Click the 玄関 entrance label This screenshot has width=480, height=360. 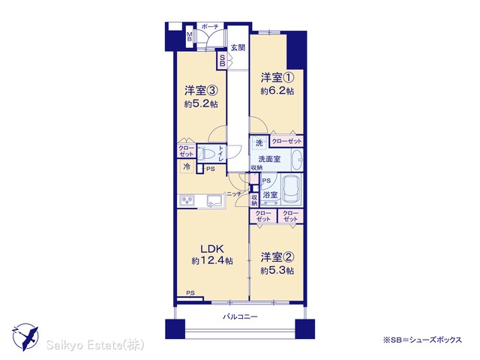click(x=238, y=48)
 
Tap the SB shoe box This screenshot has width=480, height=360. click(x=222, y=60)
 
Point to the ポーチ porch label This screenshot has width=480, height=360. click(x=210, y=27)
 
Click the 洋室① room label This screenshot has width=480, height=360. click(x=277, y=77)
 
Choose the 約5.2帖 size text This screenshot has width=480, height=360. click(x=201, y=104)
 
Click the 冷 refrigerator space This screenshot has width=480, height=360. click(x=187, y=166)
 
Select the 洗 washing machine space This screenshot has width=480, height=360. click(x=259, y=143)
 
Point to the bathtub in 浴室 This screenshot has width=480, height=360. click(x=291, y=189)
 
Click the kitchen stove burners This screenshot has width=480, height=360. click(x=187, y=201)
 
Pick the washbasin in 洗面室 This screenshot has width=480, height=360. click(x=297, y=160)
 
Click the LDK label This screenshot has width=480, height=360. click(x=212, y=248)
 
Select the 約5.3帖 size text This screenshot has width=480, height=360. click(x=277, y=271)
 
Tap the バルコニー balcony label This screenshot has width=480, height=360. click(x=240, y=316)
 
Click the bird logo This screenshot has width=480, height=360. click(x=25, y=337)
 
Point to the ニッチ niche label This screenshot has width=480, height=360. click(x=234, y=193)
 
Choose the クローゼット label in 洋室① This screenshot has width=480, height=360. click(x=286, y=141)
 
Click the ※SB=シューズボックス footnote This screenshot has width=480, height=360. click(x=422, y=340)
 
